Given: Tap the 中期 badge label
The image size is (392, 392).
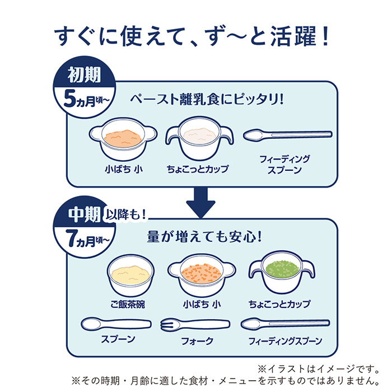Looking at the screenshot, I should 85,212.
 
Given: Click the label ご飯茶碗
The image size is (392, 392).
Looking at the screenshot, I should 128,305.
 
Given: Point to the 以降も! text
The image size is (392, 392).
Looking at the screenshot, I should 128,212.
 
